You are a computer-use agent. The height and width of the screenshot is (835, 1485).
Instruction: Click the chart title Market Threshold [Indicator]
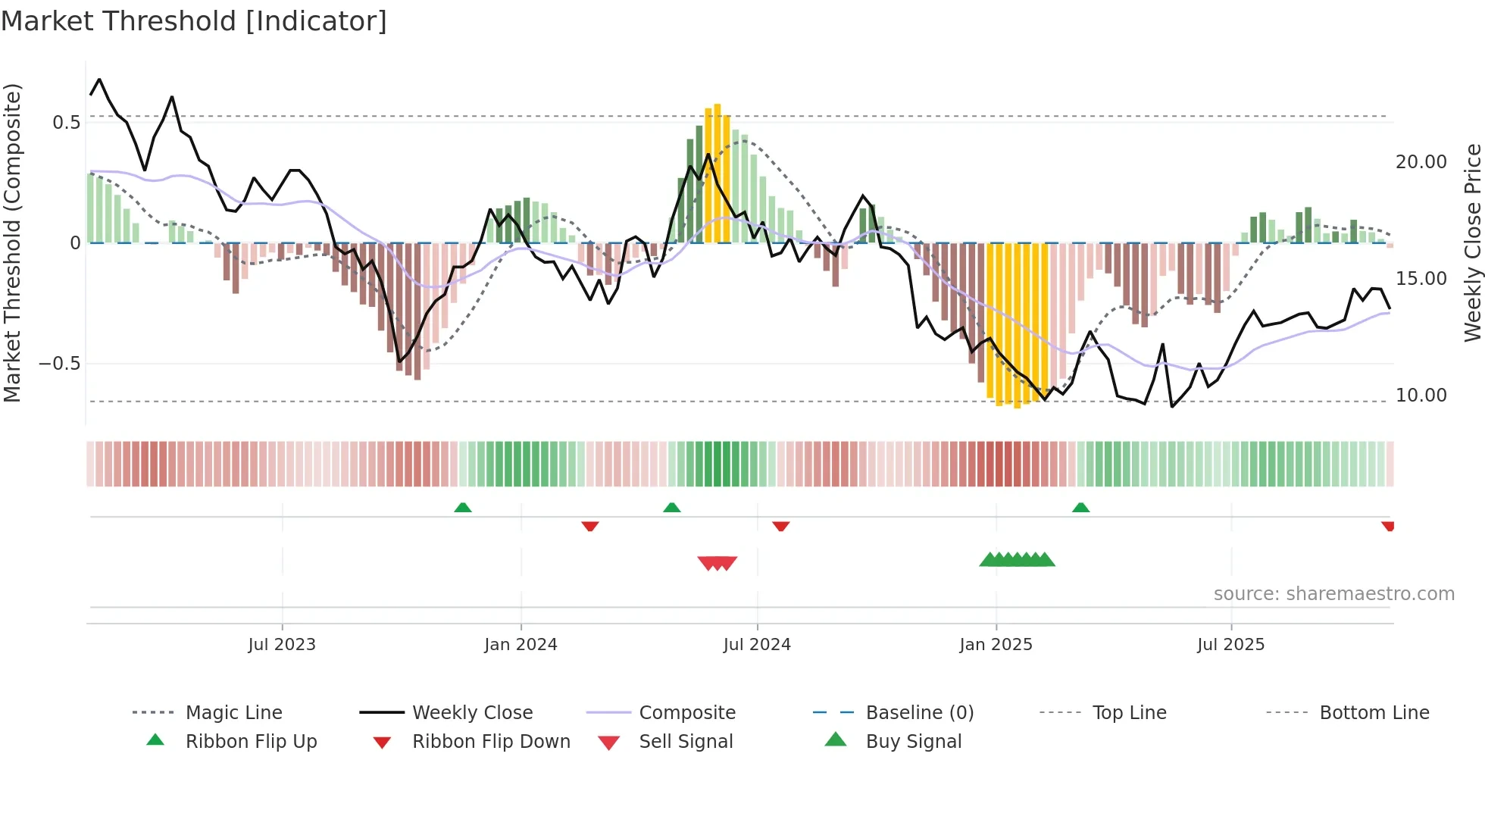[x=194, y=21]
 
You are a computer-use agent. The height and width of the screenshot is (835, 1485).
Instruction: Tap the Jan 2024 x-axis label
[x=521, y=645]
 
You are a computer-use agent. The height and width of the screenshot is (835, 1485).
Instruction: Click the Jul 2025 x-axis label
[x=1230, y=645]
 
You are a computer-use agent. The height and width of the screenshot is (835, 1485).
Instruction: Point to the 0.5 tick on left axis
[x=66, y=123]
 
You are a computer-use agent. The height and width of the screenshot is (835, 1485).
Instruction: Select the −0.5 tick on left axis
[x=60, y=364]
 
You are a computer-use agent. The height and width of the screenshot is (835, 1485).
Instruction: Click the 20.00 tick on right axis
[x=1421, y=162]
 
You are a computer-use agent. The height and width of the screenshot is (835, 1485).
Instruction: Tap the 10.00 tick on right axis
[x=1421, y=396]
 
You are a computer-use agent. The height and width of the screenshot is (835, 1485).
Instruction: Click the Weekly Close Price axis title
[x=1472, y=242]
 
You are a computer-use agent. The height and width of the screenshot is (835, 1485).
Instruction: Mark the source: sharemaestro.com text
[x=1333, y=594]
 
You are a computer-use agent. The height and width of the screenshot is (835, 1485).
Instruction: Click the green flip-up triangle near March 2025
[x=1080, y=508]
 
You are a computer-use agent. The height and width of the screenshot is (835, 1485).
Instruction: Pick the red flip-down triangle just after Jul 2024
[x=780, y=526]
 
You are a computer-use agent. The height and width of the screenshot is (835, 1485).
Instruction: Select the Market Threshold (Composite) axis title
[x=13, y=242]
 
